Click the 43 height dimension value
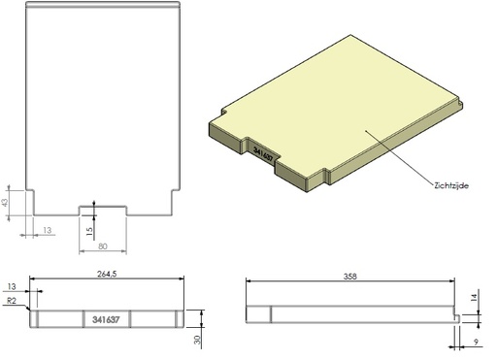tap(7, 203)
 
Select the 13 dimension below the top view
tap(48, 230)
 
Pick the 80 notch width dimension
tap(102, 246)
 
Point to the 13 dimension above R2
tap(12, 287)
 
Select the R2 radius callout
tap(12, 303)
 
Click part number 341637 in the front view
tap(106, 319)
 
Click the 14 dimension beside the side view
tap(475, 300)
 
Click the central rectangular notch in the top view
tap(102, 210)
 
